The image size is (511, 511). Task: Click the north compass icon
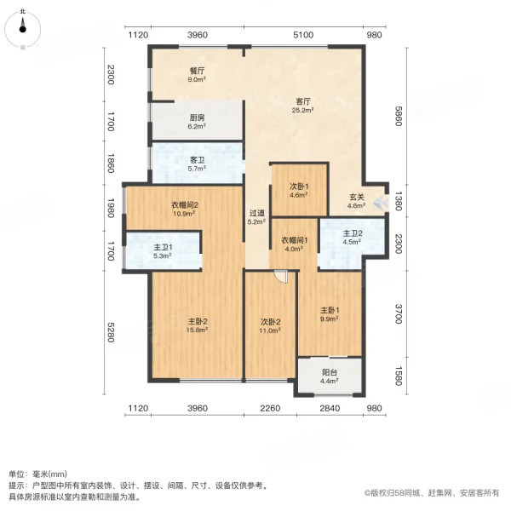22,29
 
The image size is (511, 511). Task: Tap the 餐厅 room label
198,71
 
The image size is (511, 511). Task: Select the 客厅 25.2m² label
302,106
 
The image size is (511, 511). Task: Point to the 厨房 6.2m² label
198,122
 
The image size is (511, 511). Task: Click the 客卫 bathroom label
198,160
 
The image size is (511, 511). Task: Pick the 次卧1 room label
299,187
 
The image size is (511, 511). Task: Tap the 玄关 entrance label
357,197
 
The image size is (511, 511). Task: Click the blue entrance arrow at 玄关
381,203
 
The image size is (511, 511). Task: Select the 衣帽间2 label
185,205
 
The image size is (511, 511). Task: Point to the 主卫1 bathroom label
163,247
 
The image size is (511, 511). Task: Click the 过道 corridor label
256,213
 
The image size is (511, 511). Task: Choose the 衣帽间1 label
295,240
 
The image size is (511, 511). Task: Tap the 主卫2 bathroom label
353,233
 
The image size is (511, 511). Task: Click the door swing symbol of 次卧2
281,277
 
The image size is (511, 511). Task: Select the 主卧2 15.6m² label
198,325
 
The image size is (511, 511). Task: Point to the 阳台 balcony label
330,372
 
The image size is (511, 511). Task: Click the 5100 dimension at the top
303,35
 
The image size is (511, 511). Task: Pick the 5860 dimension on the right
399,116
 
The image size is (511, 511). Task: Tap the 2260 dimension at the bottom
270,408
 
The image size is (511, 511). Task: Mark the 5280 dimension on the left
111,332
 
